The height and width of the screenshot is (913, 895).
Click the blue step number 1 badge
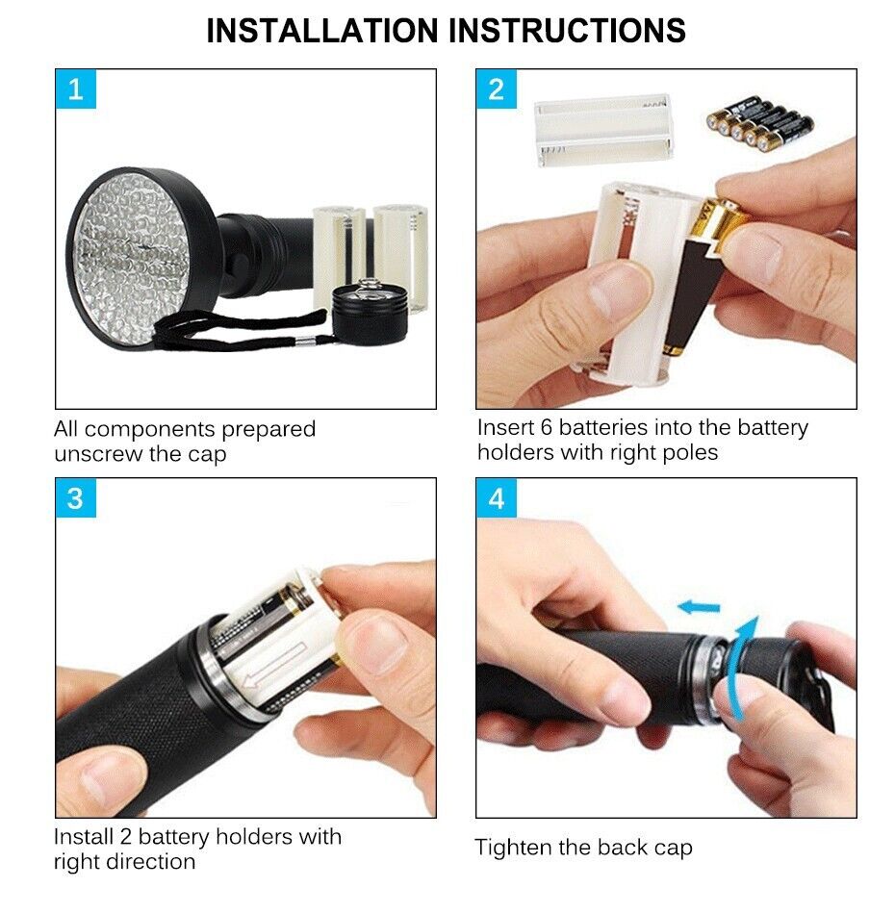(76, 89)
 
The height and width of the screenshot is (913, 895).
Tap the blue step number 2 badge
(497, 89)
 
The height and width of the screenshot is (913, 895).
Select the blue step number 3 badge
(76, 498)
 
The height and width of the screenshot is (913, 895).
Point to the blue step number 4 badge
(497, 498)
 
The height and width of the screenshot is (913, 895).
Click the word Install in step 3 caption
(84, 837)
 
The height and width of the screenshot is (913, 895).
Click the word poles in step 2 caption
(689, 452)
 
